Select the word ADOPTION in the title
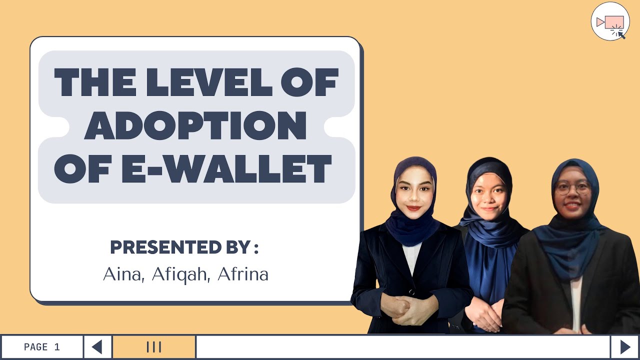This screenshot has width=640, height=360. tap(195, 125)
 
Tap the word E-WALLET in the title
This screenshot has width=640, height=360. tap(227, 168)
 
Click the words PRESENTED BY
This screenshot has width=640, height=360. tap(179, 247)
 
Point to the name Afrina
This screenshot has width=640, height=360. tap(243, 274)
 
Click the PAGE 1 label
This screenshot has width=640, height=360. tap(42, 347)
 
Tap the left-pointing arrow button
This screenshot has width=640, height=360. tap(97, 347)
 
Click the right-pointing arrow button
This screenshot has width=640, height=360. tap(625, 347)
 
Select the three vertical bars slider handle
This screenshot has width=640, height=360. tap(153, 347)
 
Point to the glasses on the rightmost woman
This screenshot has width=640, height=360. tap(573, 188)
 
